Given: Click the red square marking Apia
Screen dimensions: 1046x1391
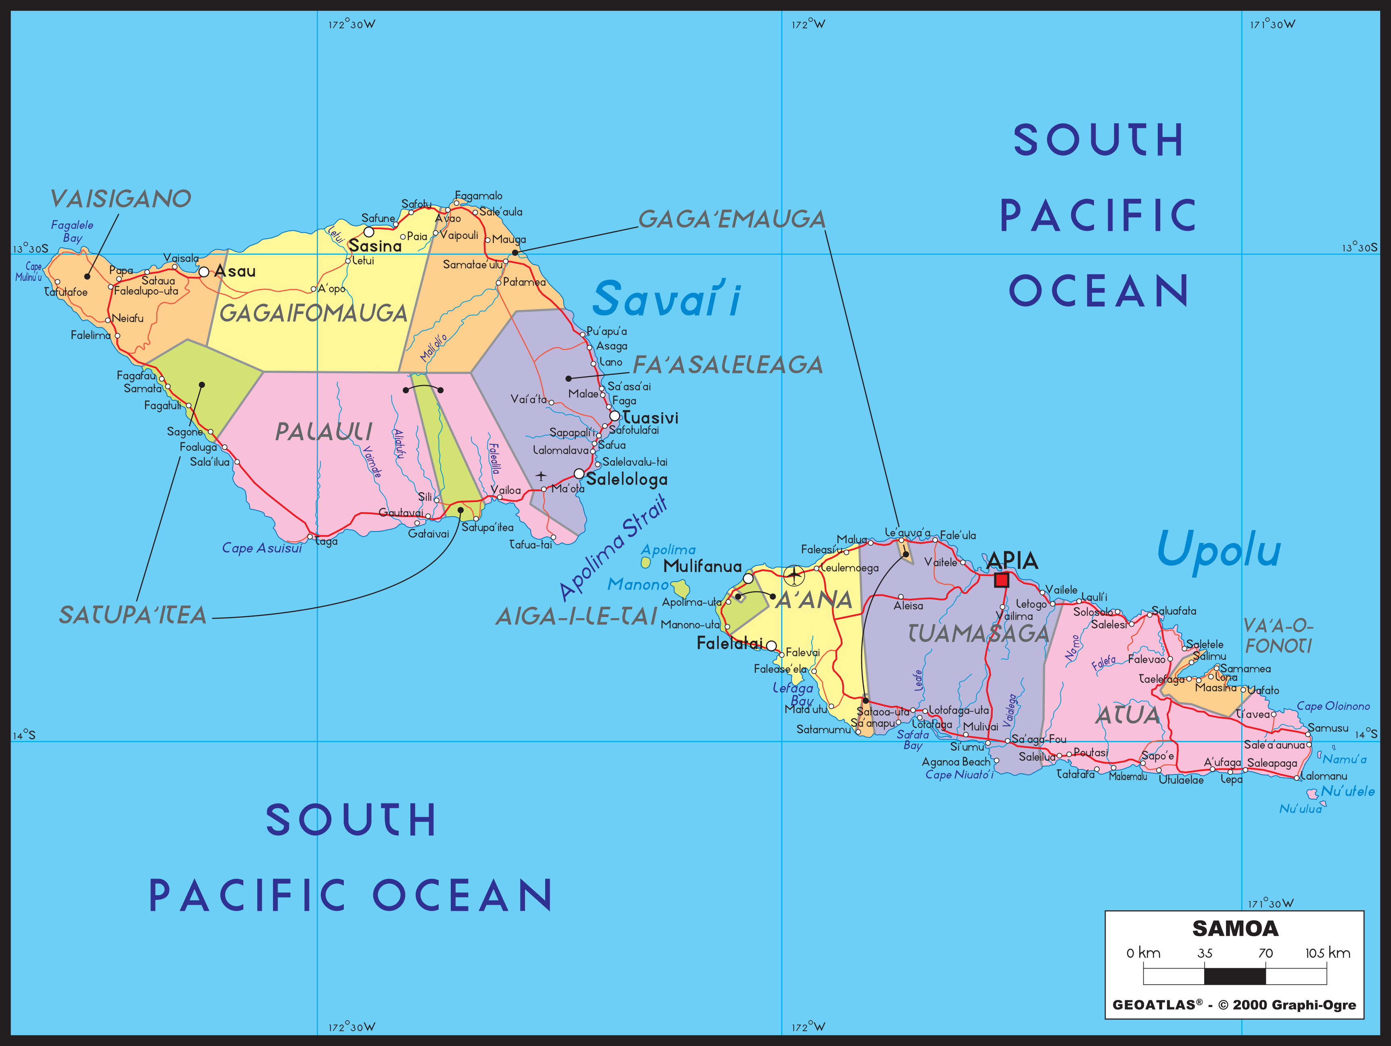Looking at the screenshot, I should pyautogui.click(x=1002, y=580).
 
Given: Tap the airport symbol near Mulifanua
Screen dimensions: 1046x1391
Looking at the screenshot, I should pyautogui.click(x=794, y=574).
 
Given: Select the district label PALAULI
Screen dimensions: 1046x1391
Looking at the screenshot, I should pyautogui.click(x=324, y=431).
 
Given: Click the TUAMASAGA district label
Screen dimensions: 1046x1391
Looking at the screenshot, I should pyautogui.click(x=979, y=634).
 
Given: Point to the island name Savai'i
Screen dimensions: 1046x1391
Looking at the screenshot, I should pyautogui.click(x=667, y=299).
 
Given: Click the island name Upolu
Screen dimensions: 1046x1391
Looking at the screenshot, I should pyautogui.click(x=1219, y=549).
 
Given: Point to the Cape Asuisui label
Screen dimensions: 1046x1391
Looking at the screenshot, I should pyautogui.click(x=261, y=548).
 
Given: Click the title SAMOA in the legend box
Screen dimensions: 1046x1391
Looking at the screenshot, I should pyautogui.click(x=1235, y=929).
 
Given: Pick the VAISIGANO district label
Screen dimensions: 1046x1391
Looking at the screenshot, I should pyautogui.click(x=121, y=199).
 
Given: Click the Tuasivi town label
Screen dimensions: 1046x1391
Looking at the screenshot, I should pyautogui.click(x=650, y=418).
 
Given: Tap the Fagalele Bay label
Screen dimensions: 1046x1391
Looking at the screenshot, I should pyautogui.click(x=72, y=231).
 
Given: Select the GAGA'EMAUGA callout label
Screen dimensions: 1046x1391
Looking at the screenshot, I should pyautogui.click(x=731, y=219).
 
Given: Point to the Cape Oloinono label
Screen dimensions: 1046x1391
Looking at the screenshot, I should pyautogui.click(x=1333, y=706).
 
